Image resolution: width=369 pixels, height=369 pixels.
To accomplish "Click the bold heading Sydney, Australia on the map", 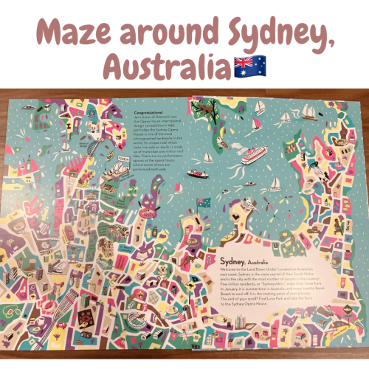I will (245, 260).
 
